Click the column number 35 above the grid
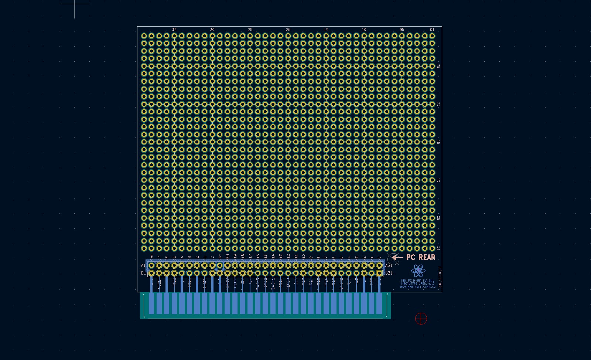[174, 30]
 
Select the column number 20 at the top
[288, 30]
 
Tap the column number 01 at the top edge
[432, 30]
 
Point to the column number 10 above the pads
[364, 30]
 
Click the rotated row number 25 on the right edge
[438, 66]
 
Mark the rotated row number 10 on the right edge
[438, 180]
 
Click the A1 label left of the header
[143, 265]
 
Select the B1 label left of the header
[143, 274]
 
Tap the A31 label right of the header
[389, 265]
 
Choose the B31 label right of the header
[389, 274]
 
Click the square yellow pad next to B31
[379, 274]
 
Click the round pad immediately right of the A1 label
[151, 265]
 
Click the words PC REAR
[421, 257]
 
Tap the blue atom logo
[418, 271]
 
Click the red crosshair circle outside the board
[421, 318]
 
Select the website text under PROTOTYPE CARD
[417, 287]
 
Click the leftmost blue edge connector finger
[151, 303]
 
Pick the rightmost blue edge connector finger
[379, 303]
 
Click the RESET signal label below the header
[159, 284]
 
